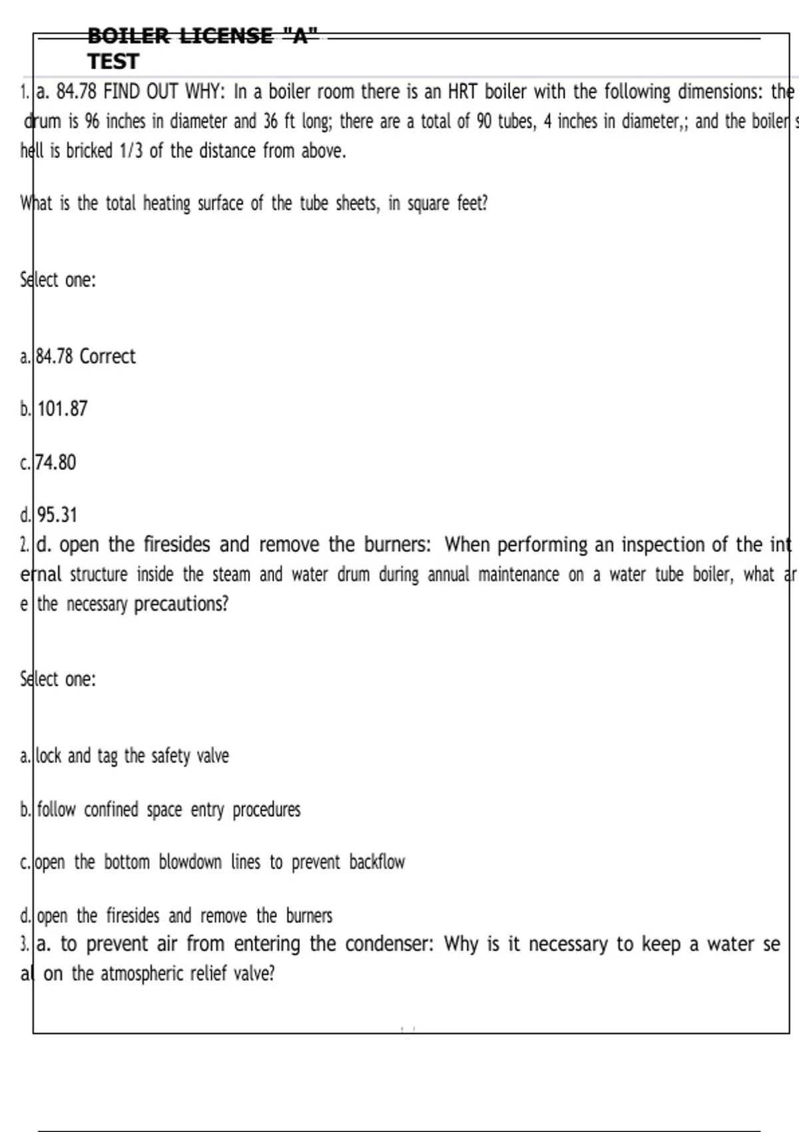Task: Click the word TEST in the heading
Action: [113, 61]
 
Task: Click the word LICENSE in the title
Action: [226, 35]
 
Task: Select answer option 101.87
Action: [63, 409]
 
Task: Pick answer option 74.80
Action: [56, 462]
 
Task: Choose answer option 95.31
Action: [57, 515]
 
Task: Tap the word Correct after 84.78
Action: [107, 356]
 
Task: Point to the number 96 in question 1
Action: [92, 121]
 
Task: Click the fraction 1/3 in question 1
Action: [132, 151]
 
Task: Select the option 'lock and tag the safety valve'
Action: [132, 756]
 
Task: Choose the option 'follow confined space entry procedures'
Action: [168, 810]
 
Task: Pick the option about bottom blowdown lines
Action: [220, 862]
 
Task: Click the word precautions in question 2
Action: [181, 604]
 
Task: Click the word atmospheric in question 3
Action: [142, 974]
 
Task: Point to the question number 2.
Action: [24, 545]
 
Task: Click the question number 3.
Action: [24, 944]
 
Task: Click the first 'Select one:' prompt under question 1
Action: [58, 280]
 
